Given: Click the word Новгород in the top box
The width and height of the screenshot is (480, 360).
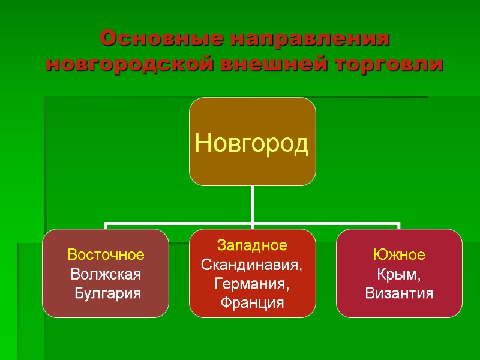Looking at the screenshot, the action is [x=252, y=143].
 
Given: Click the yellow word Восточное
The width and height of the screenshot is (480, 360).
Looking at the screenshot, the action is [x=106, y=255].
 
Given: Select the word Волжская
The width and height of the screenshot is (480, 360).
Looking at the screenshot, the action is [x=106, y=275].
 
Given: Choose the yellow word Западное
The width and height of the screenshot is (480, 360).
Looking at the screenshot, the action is [x=252, y=245].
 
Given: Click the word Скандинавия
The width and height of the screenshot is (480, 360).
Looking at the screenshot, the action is [x=252, y=265].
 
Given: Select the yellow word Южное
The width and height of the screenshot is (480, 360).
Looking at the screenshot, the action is [x=399, y=255].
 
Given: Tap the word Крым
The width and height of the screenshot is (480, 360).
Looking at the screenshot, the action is [x=399, y=275].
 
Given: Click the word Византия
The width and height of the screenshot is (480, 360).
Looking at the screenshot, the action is [x=399, y=294].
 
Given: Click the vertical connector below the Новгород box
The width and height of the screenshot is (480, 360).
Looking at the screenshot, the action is [x=253, y=204].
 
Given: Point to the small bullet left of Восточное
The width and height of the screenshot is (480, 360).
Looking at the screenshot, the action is [x=62, y=255].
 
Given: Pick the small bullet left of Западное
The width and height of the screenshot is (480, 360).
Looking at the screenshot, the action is [x=211, y=245].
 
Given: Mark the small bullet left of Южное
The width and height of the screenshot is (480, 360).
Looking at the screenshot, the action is [x=367, y=255].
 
